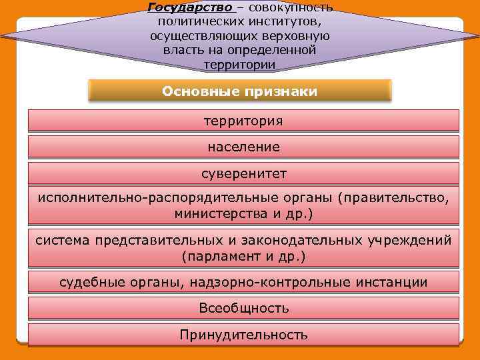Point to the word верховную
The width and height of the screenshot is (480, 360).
click(x=293, y=36)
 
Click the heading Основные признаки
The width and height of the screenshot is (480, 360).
click(x=240, y=91)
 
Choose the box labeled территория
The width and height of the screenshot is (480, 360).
click(x=243, y=121)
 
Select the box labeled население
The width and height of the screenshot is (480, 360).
click(x=243, y=147)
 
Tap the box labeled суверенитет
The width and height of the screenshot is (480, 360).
click(x=243, y=173)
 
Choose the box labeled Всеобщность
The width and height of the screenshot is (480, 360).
click(x=243, y=309)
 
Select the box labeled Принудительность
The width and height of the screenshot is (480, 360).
click(x=243, y=335)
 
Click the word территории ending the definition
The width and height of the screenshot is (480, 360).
click(x=239, y=65)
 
